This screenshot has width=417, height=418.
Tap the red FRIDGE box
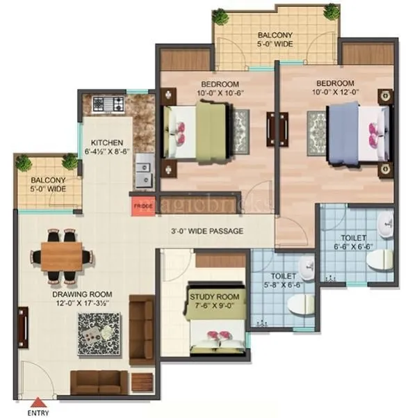pos(144,207)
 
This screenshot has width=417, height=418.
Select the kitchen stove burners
pos(109,105)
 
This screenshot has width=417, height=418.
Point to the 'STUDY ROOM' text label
pos(215,297)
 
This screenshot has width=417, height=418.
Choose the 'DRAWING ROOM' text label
pos(81,294)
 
